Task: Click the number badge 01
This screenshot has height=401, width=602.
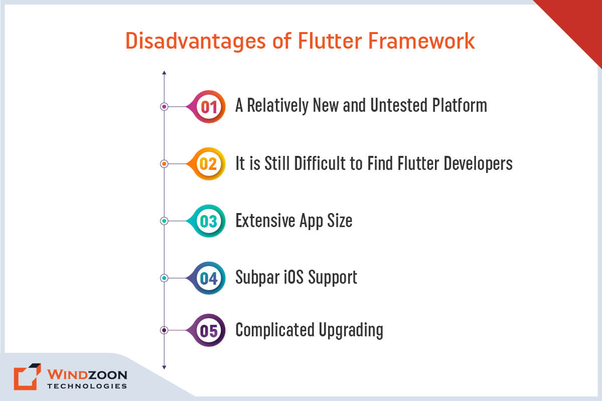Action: [209, 107]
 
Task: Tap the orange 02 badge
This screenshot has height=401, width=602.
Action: [209, 164]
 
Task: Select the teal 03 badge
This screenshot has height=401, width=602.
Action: [209, 221]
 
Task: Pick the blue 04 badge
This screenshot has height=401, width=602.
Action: [209, 278]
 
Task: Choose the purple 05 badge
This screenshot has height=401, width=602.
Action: [209, 330]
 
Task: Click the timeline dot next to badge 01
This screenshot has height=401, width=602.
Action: [164, 107]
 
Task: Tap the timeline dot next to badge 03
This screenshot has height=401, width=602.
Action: [164, 221]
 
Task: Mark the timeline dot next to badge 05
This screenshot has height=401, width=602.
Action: [164, 330]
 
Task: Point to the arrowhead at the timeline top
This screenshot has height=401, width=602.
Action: [164, 74]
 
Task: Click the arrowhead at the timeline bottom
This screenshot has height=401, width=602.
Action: [164, 367]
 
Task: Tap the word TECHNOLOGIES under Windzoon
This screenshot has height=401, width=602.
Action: [87, 386]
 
